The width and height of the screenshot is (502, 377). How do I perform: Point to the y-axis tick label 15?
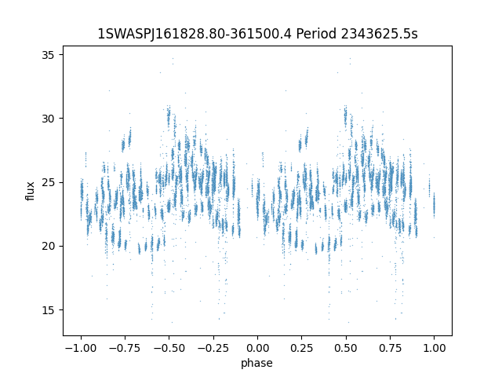pos(48,309)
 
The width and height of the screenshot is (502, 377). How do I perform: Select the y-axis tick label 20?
pos(48,246)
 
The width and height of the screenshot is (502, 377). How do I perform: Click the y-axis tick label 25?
pos(48,182)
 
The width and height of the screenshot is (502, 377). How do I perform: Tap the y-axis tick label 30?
pos(48,119)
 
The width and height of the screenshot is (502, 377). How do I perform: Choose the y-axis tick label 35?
pos(48,55)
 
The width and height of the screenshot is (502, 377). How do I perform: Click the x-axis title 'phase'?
pos(257,363)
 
